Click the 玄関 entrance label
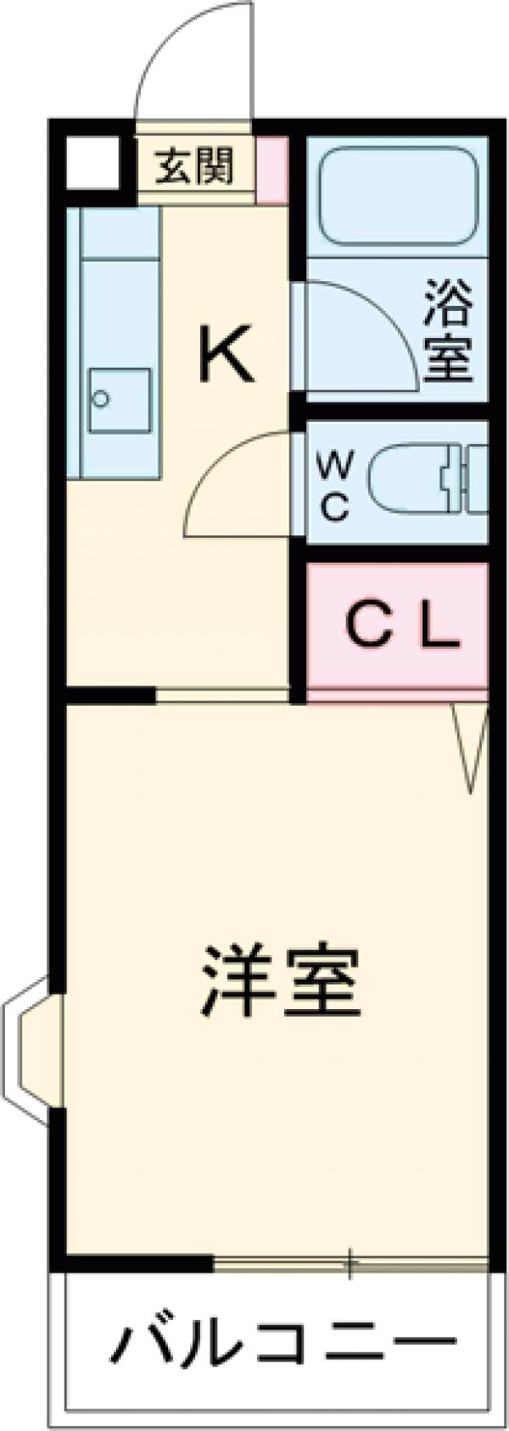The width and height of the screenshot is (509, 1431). coord(194,166)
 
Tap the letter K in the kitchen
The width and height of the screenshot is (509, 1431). coord(227,355)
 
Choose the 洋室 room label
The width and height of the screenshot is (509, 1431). coord(280,982)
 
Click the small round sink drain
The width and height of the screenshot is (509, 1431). coord(102,399)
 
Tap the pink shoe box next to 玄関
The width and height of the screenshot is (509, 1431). coord(271,169)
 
